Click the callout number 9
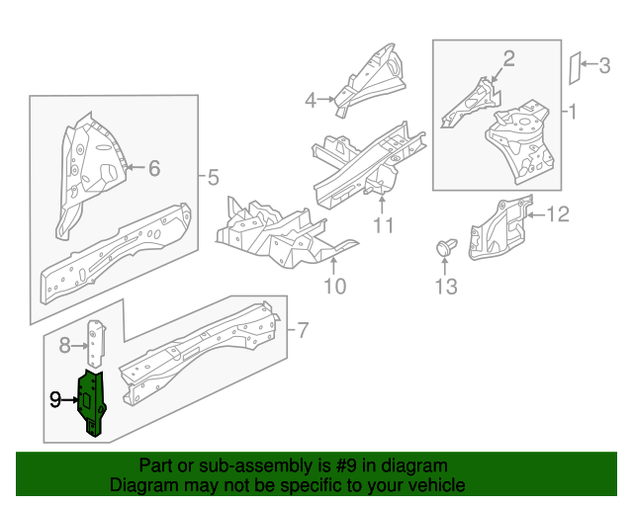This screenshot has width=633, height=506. [x=55, y=400]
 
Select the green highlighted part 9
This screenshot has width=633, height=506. [x=92, y=403]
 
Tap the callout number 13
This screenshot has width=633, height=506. [x=446, y=287]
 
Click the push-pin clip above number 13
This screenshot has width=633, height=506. [x=446, y=247]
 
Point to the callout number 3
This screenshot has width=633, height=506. [x=604, y=65]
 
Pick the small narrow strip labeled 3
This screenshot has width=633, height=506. [x=575, y=68]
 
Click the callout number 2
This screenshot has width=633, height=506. [x=508, y=58]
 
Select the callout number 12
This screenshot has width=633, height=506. [x=558, y=213]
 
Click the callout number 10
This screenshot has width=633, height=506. [x=334, y=286]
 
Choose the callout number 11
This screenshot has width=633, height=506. [x=383, y=225]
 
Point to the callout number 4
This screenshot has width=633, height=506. [x=311, y=100]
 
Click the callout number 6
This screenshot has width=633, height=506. [x=154, y=168]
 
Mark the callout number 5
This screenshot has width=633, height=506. [x=213, y=177]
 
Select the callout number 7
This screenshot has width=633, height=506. [x=303, y=330]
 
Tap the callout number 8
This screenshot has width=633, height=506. [x=64, y=345]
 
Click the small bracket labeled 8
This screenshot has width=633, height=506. [x=97, y=343]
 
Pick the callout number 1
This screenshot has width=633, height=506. [x=573, y=112]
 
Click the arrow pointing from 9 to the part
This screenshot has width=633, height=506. [x=70, y=400]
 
